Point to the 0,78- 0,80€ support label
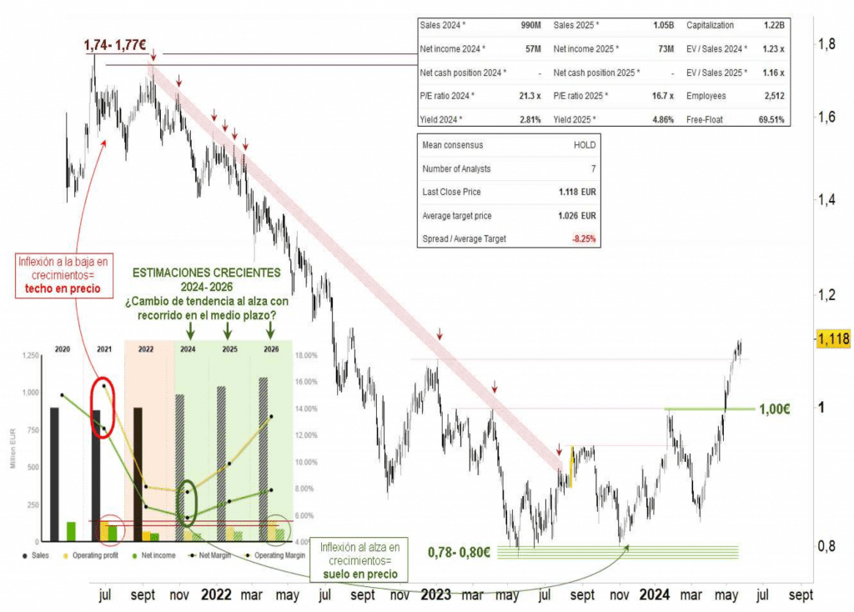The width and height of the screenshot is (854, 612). [x=459, y=551]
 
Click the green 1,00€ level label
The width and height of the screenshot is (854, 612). [x=775, y=409]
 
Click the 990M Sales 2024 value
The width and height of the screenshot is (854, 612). [x=530, y=26]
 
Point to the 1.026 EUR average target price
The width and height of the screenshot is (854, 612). [x=577, y=216]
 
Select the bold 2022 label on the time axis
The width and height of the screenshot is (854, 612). [x=217, y=595]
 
